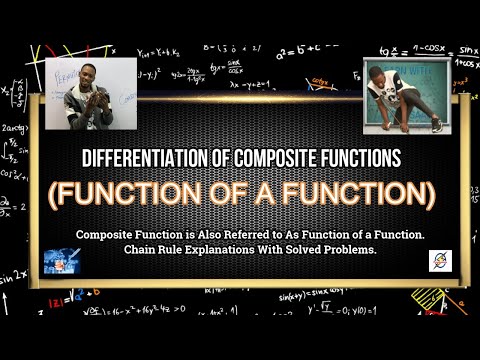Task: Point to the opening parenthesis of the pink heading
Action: (x=52, y=191)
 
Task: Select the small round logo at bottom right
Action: (x=439, y=261)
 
